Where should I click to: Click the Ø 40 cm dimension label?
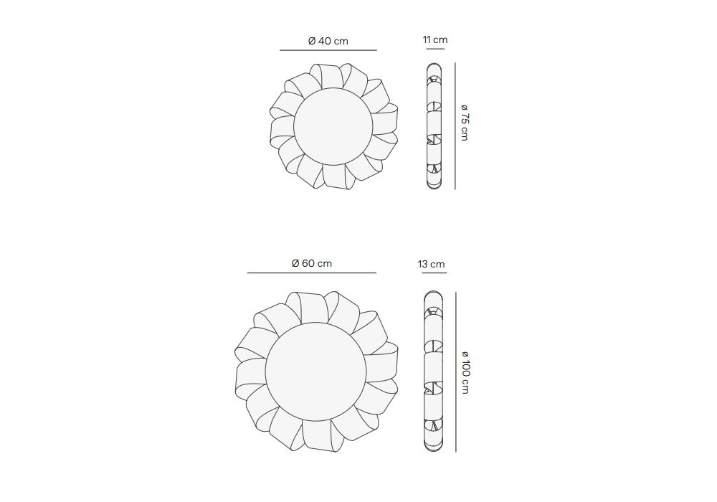point(328,41)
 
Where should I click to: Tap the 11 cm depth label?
point(435,39)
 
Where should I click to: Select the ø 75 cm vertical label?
point(464,122)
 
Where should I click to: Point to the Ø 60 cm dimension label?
point(311,263)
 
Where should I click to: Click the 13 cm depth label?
point(431,264)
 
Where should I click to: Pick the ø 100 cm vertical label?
point(465,371)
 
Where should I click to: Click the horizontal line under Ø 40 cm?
point(328,50)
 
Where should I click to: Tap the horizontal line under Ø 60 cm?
point(312,273)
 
